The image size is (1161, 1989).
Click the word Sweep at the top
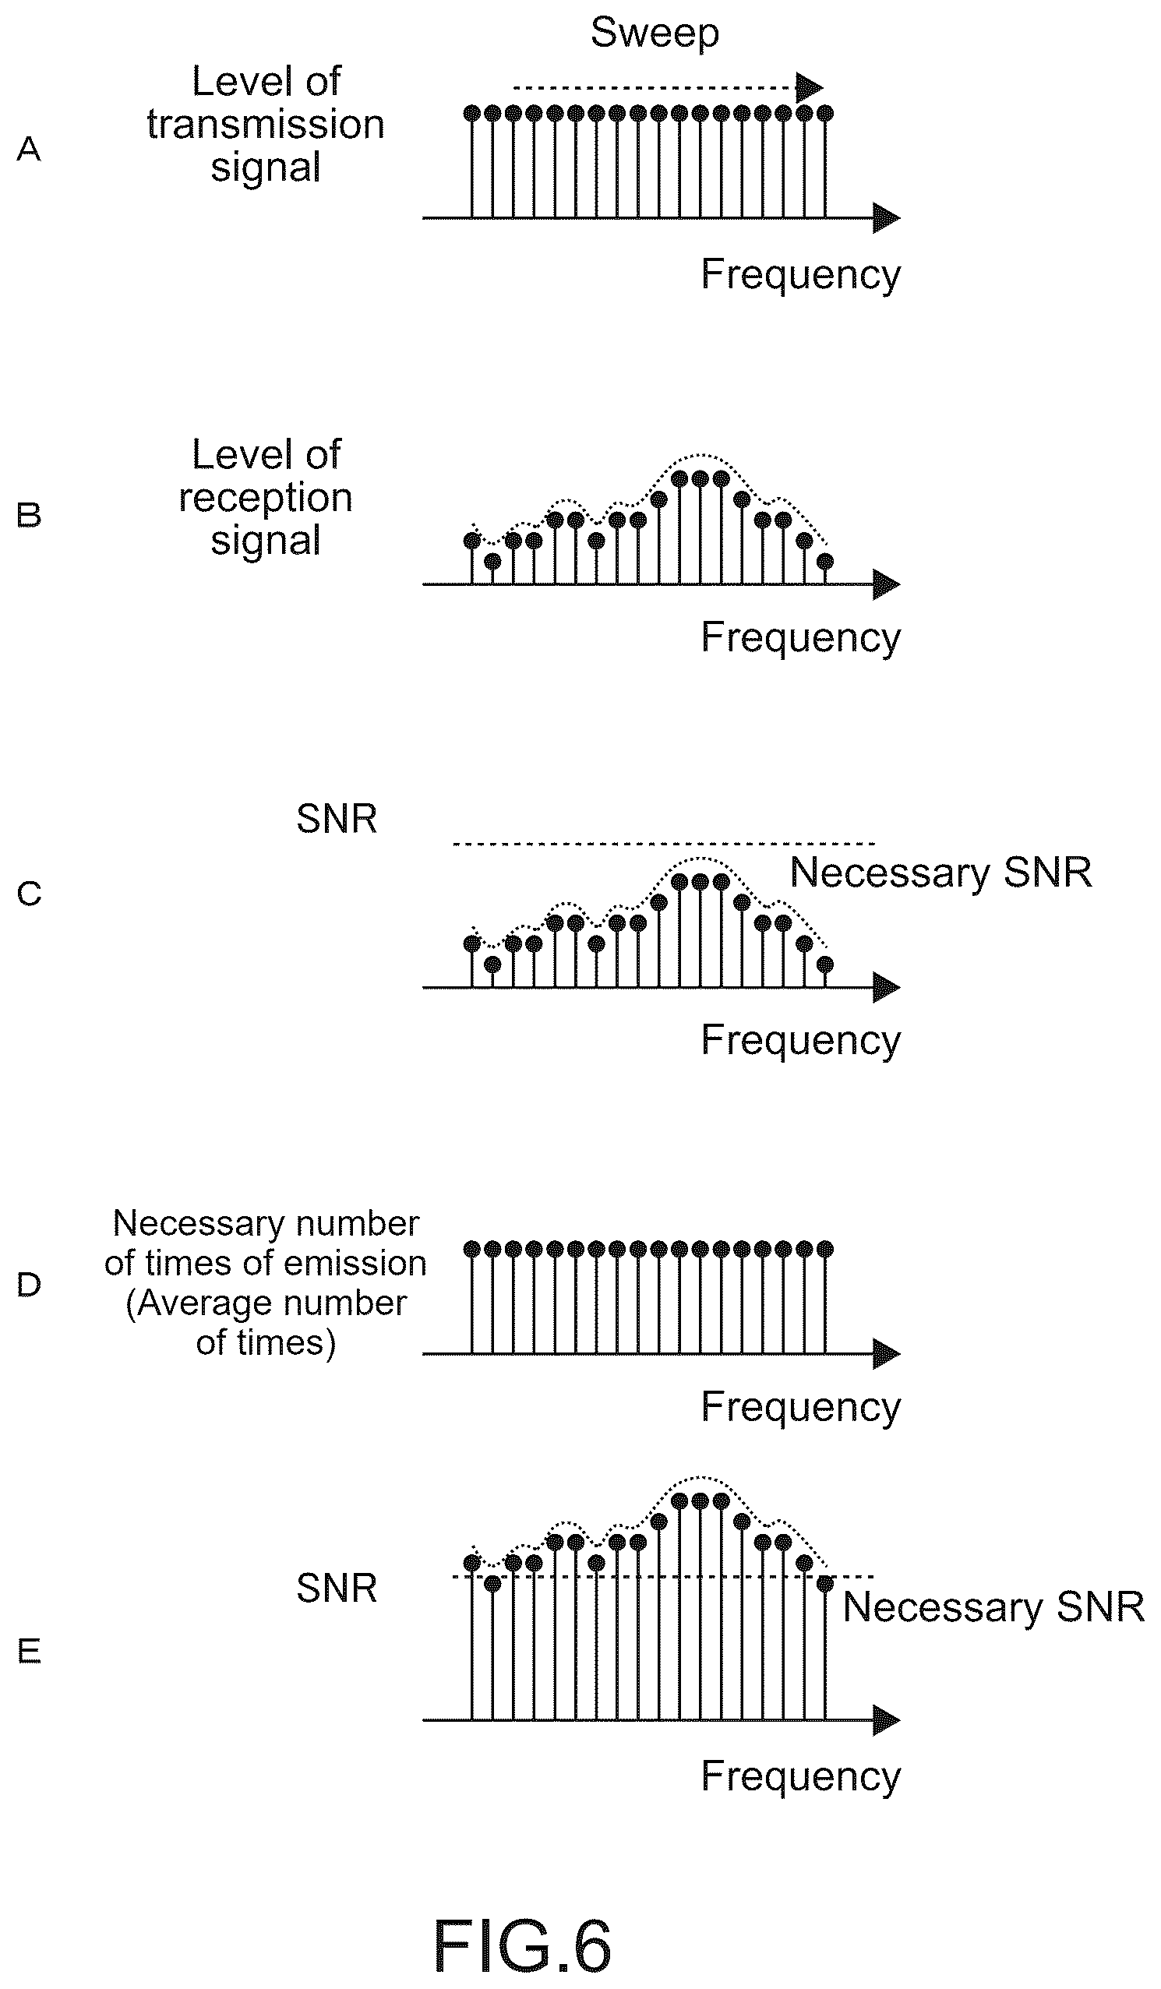coord(655,34)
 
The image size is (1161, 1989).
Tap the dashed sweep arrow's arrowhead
coord(810,87)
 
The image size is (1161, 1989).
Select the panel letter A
coord(29,148)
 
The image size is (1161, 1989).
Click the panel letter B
coord(29,515)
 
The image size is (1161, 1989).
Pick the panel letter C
coord(29,894)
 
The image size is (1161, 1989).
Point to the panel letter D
coord(29,1285)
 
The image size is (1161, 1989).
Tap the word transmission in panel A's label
coord(266,125)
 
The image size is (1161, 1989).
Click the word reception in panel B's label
coord(266,498)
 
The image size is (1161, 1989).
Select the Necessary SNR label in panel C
coord(940,873)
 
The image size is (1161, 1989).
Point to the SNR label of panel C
coord(337,819)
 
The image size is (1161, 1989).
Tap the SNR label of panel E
coord(337,1587)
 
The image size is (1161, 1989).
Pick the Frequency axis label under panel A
coord(801,275)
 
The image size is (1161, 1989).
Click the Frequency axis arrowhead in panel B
coord(887,585)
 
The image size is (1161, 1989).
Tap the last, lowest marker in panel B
coord(824,561)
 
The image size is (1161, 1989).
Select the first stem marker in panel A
coord(472,114)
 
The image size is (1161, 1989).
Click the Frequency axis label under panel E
coord(801,1777)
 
